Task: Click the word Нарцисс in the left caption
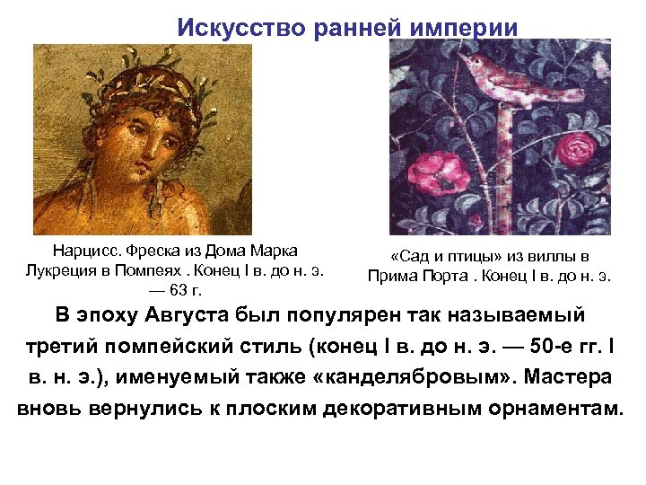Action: click(86, 250)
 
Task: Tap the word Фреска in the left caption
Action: click(153, 250)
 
